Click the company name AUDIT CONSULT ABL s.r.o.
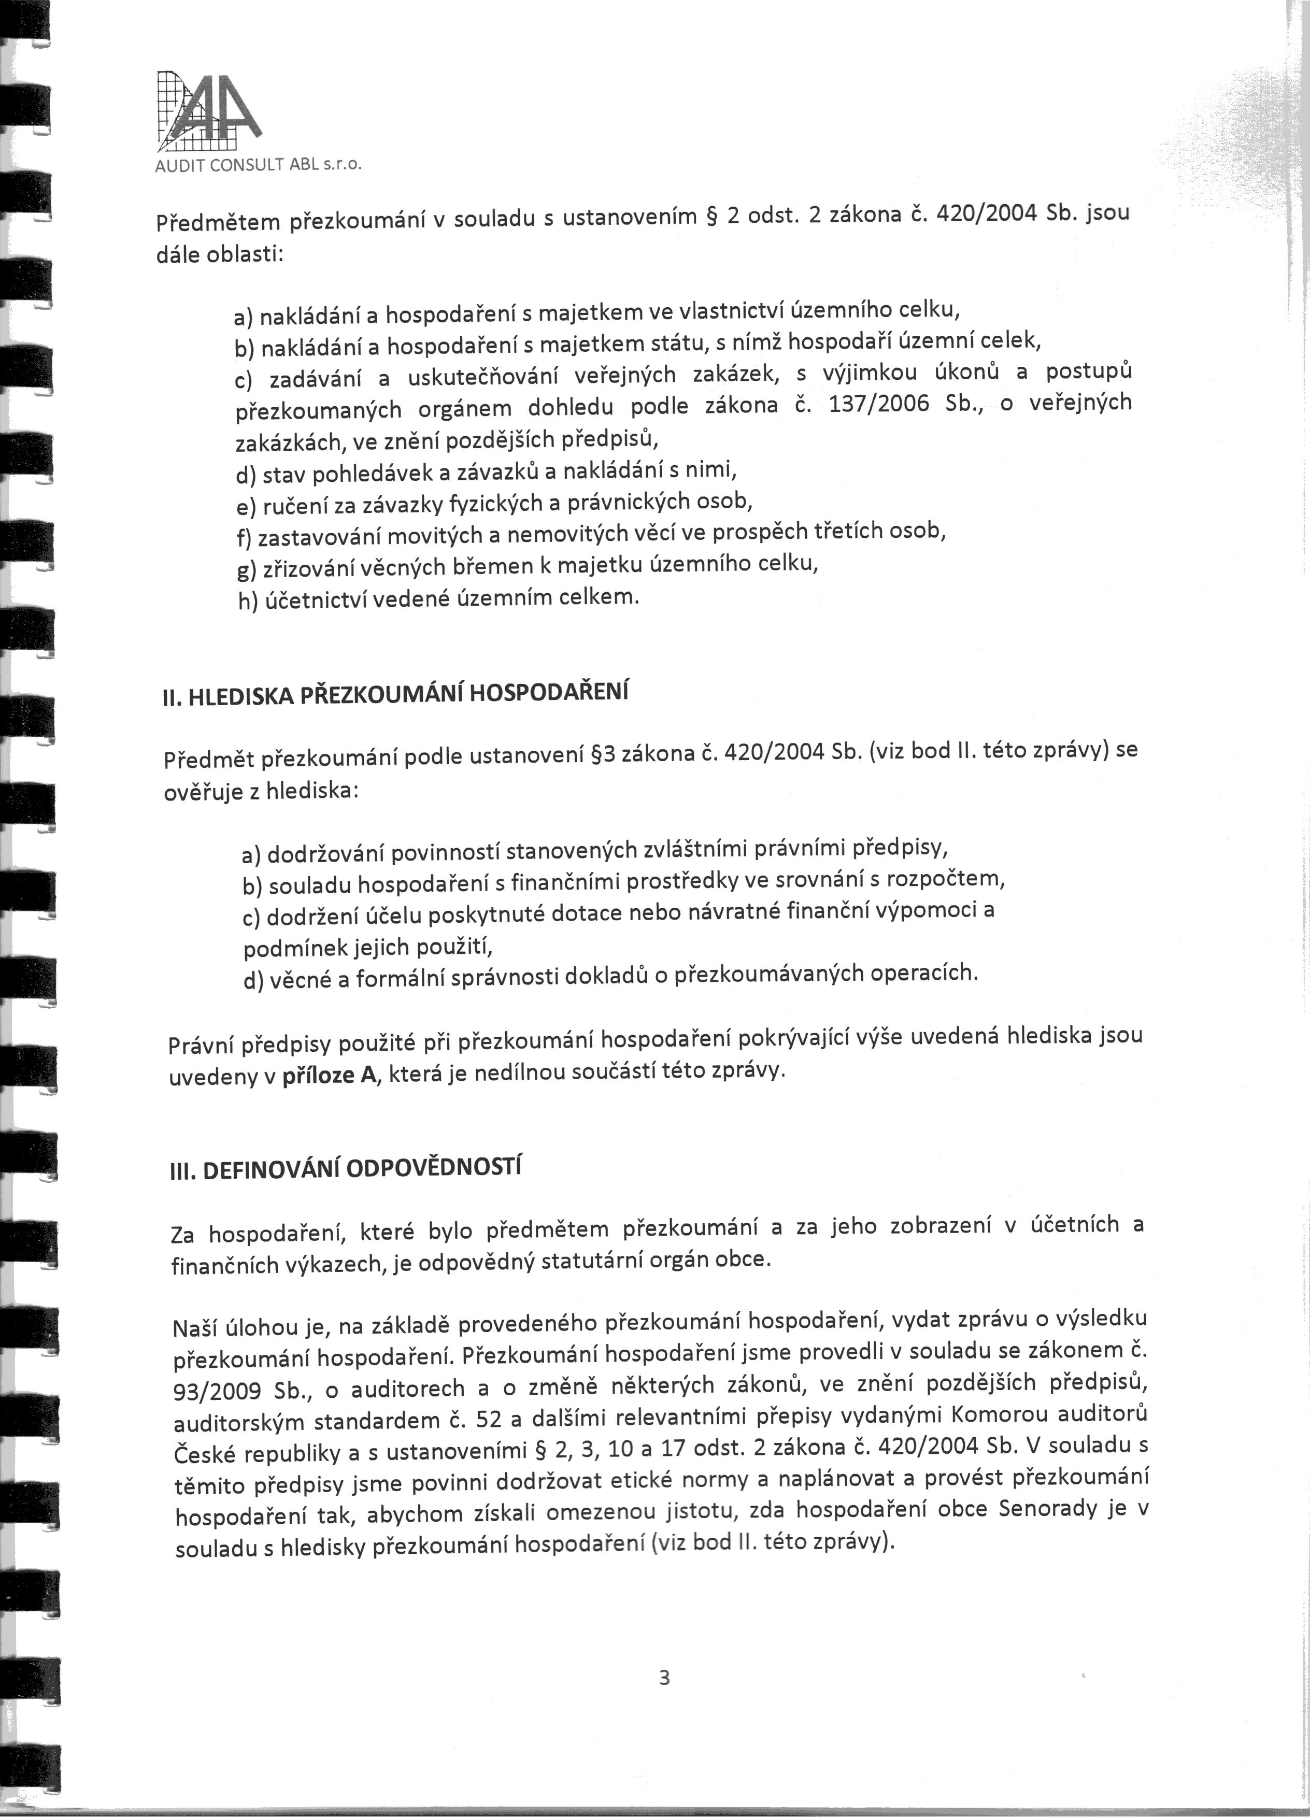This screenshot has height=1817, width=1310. [x=259, y=167]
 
